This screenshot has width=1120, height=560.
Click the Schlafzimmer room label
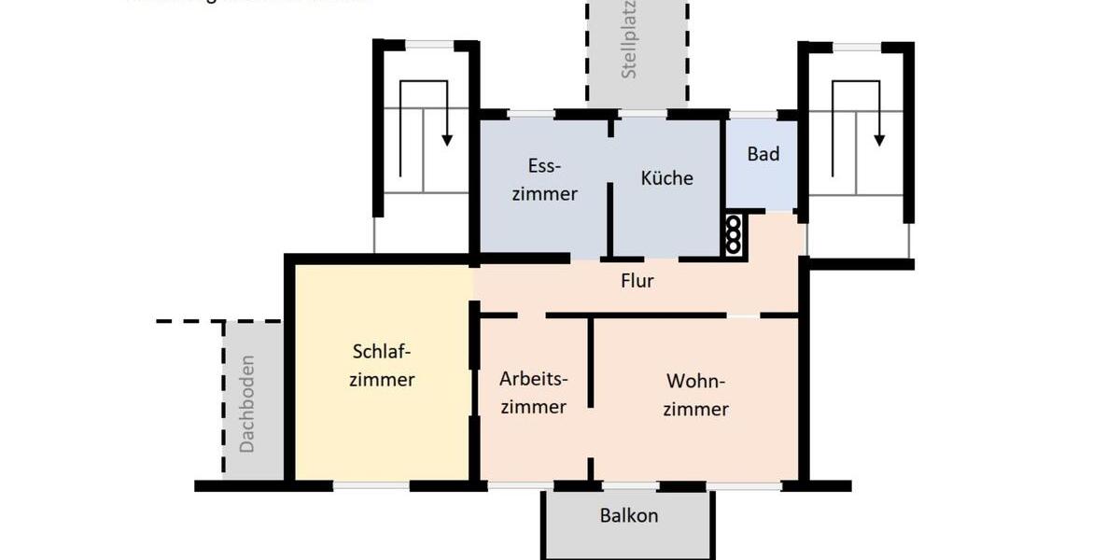(x=382, y=366)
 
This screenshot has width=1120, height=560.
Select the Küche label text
(x=666, y=177)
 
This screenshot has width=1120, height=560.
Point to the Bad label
(x=763, y=154)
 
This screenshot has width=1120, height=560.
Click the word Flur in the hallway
(x=637, y=280)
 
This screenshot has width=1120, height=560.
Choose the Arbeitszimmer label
(x=533, y=393)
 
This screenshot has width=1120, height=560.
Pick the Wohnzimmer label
(x=695, y=395)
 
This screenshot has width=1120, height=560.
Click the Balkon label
(x=628, y=515)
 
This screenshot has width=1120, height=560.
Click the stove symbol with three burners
(x=734, y=234)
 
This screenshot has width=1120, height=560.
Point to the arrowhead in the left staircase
(x=447, y=139)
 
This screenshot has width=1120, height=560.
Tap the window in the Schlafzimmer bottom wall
(x=371, y=485)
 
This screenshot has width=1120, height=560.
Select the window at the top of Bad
(x=753, y=115)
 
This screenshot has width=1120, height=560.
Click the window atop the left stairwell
(x=429, y=45)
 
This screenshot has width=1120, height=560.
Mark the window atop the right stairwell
(x=857, y=47)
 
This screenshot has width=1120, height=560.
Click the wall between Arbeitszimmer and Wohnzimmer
(x=591, y=364)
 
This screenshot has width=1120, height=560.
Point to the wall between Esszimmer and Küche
(x=610, y=219)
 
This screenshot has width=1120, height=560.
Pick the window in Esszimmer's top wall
(x=531, y=114)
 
